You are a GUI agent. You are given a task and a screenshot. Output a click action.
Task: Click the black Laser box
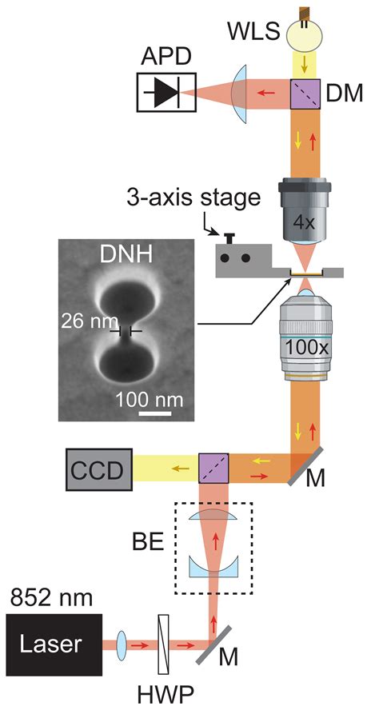coord(53,644)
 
